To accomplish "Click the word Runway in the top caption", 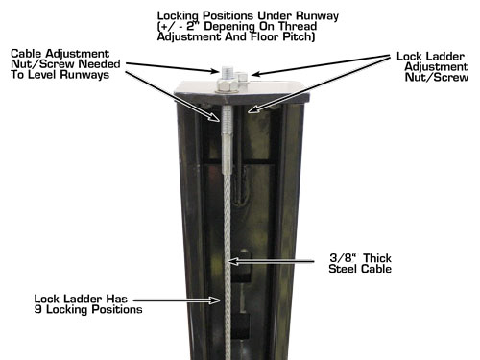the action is pyautogui.click(x=317, y=16).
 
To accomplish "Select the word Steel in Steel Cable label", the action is pyautogui.click(x=341, y=269).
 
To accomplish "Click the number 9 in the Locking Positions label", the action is pyautogui.click(x=37, y=309).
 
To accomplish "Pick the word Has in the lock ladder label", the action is pyautogui.click(x=117, y=300).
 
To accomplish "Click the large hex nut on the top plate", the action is pyautogui.click(x=228, y=85).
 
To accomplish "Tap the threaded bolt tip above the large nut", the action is pyautogui.click(x=227, y=72).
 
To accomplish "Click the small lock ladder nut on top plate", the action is pyautogui.click(x=242, y=80).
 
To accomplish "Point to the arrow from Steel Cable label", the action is pyautogui.click(x=271, y=262).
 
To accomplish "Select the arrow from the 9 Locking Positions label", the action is pyautogui.click(x=177, y=300).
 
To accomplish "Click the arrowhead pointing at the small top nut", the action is pyautogui.click(x=255, y=74).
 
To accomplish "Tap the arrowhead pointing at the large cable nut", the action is pyautogui.click(x=214, y=71).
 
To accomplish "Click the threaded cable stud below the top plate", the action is pyautogui.click(x=227, y=141).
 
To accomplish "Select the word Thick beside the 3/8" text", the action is pyautogui.click(x=377, y=258).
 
